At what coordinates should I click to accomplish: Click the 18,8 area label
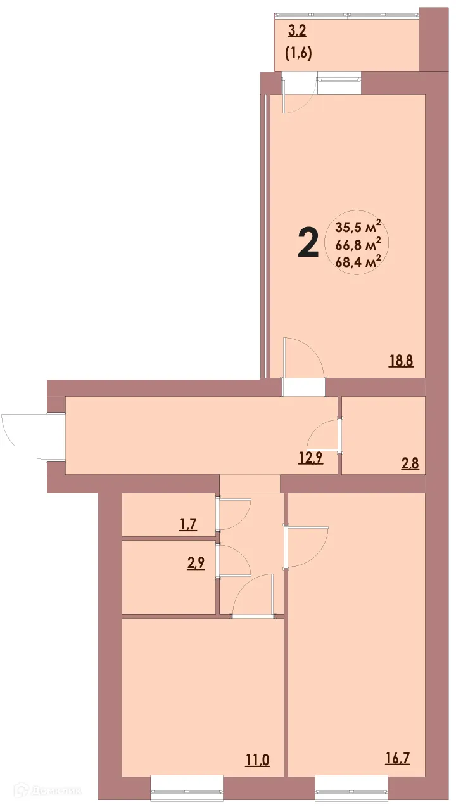(400, 362)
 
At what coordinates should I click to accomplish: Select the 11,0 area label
(257, 758)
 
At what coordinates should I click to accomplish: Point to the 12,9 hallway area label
(310, 458)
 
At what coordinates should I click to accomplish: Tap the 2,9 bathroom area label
(195, 563)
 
